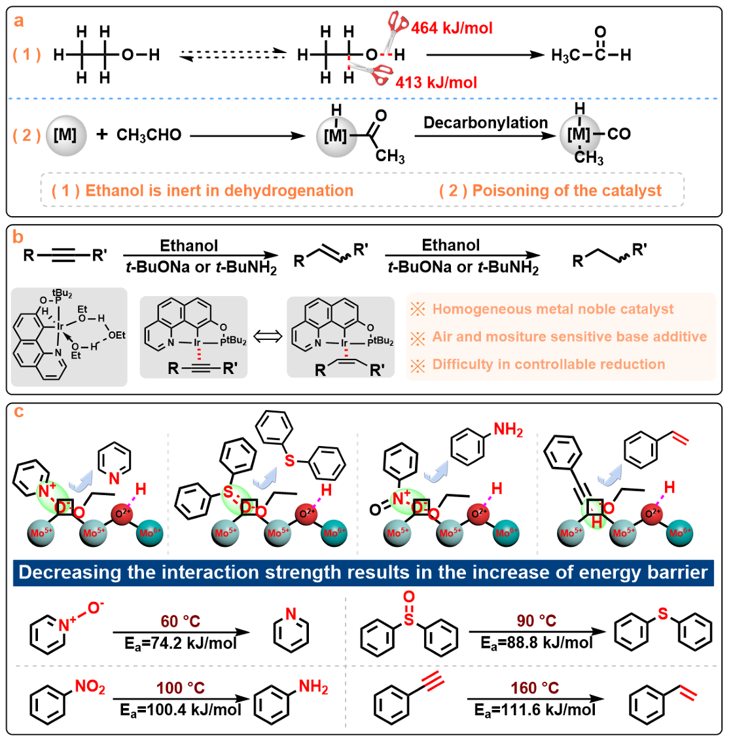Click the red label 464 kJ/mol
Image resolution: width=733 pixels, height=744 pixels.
452,28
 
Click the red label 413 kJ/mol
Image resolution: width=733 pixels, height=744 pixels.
436,83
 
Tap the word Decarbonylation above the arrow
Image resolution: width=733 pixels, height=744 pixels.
485,122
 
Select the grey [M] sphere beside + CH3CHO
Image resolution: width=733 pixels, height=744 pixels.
65,135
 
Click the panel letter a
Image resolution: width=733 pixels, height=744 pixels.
18,20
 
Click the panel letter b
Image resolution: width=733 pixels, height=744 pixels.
18,237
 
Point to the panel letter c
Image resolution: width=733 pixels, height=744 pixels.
18,411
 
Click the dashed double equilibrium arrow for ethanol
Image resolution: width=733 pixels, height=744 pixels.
233,55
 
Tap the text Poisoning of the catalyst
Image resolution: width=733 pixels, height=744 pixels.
566,191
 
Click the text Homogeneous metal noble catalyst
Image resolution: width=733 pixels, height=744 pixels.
553,309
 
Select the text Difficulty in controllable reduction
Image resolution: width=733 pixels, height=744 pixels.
548,364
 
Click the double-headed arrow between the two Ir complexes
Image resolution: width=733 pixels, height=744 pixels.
268,337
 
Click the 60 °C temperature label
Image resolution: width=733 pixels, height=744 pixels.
180,621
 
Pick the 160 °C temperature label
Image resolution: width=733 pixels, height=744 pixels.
535,688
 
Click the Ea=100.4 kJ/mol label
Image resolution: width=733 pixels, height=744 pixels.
181,709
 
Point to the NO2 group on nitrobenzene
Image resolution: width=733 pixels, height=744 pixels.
90,687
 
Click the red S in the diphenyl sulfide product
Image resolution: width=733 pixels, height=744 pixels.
663,614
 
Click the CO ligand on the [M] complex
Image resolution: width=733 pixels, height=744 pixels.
619,134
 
